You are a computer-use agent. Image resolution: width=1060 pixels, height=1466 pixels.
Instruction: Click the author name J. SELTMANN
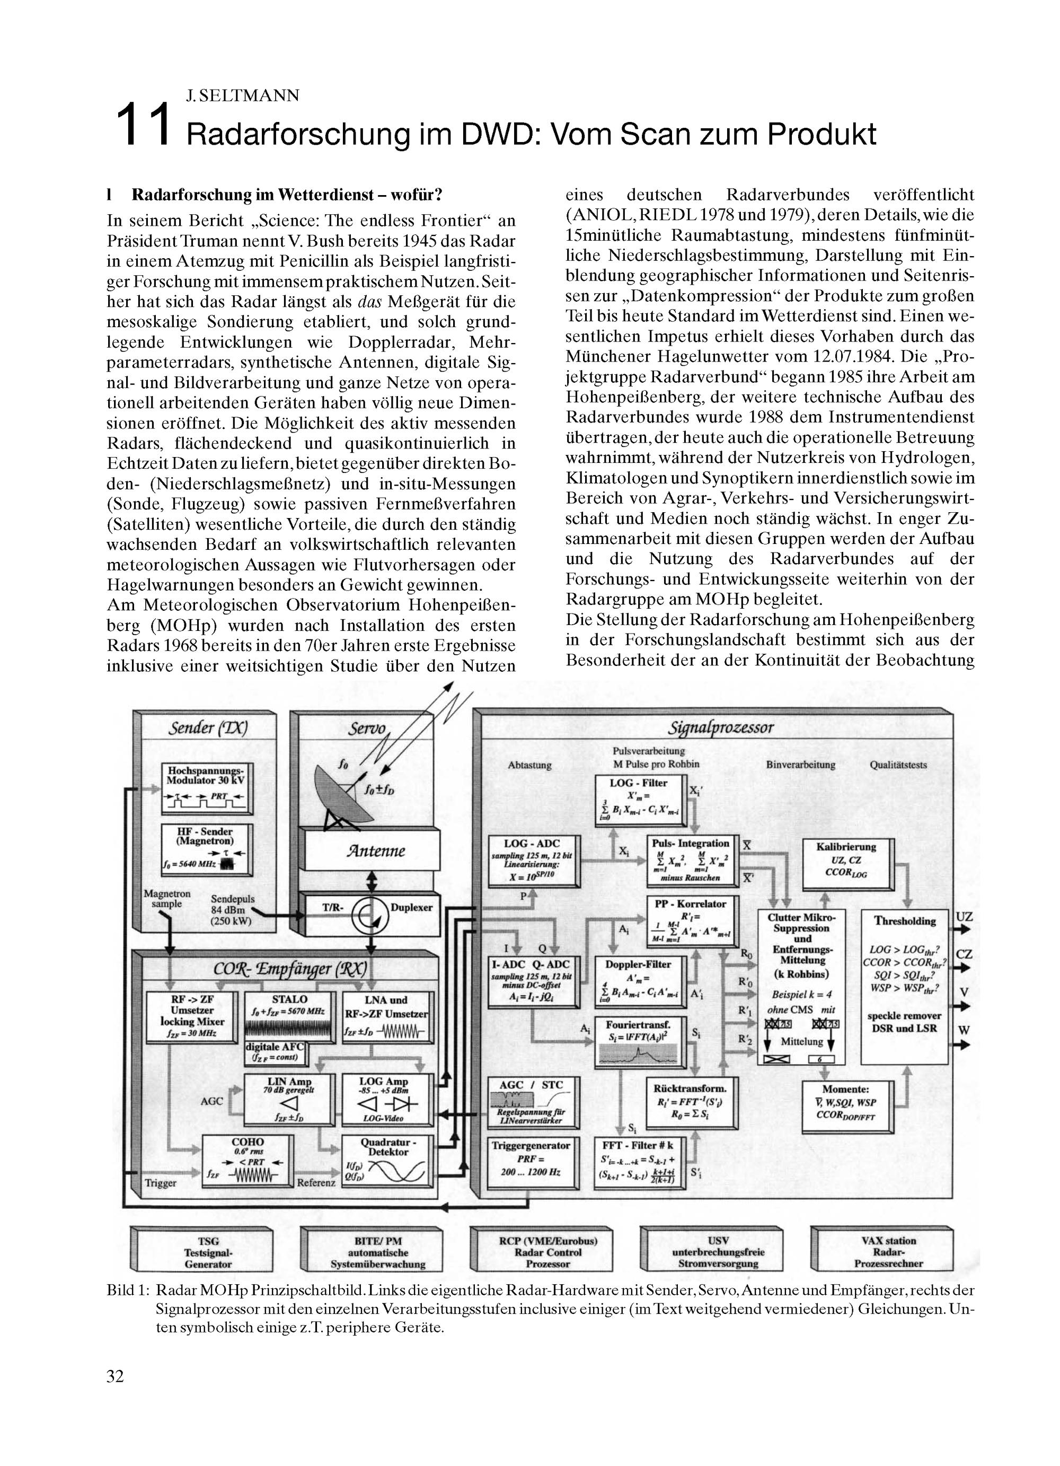(x=242, y=95)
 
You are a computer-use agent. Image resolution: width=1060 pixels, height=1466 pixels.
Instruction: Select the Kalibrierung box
(x=846, y=863)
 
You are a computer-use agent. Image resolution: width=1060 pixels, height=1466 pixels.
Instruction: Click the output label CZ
(x=963, y=954)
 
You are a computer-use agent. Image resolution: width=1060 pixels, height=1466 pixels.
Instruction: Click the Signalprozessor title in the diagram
(x=720, y=728)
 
